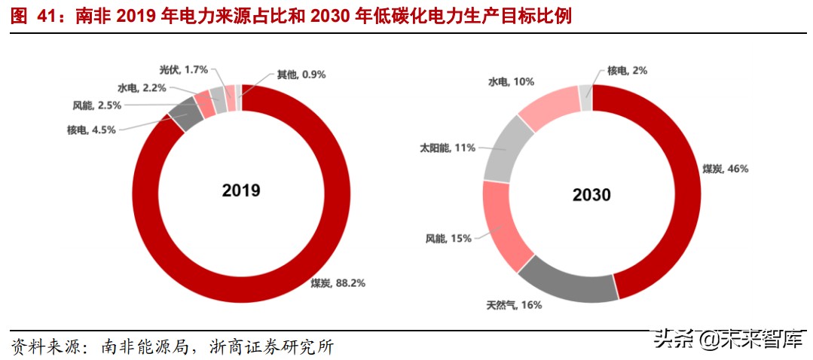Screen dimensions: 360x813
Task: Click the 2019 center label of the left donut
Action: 241,191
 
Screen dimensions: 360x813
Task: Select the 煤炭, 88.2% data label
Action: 338,283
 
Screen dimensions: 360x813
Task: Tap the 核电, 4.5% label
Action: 91,130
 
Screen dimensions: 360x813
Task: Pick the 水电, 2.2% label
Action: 142,87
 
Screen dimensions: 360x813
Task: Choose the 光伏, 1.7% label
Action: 184,69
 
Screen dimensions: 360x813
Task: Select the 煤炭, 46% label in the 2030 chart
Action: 726,169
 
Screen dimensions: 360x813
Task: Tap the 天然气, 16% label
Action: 514,305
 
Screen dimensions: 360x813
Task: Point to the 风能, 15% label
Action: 448,238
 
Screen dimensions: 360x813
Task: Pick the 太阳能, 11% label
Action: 448,148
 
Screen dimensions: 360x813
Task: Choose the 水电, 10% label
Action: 512,81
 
